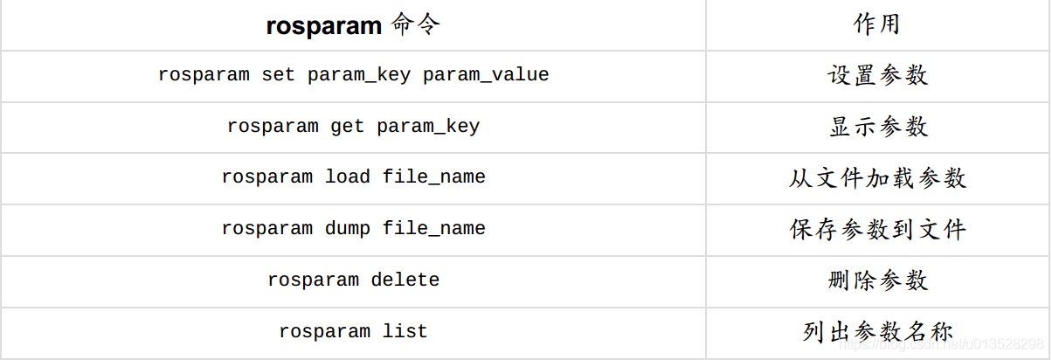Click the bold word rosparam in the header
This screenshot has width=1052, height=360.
pyautogui.click(x=323, y=26)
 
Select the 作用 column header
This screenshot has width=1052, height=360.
pyautogui.click(x=876, y=24)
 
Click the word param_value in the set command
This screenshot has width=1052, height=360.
pyautogui.click(x=486, y=75)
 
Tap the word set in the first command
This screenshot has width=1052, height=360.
pyautogui.click(x=279, y=75)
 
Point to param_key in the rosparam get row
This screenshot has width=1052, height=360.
pyautogui.click(x=428, y=127)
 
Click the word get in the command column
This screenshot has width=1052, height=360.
pyautogui.click(x=348, y=127)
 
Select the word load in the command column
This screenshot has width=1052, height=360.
pyautogui.click(x=348, y=177)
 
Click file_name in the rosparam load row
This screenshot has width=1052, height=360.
pyautogui.click(x=433, y=177)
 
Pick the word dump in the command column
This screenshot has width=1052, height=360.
pyautogui.click(x=348, y=229)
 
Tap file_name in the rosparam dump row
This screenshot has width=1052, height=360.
pyautogui.click(x=433, y=229)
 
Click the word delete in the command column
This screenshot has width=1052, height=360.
pyautogui.click(x=405, y=280)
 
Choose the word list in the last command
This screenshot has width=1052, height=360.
pyautogui.click(x=405, y=332)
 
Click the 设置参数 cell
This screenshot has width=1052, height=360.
pyautogui.click(x=877, y=75)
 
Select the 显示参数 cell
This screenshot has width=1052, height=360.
pyautogui.click(x=877, y=127)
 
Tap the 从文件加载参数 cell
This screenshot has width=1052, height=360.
pyautogui.click(x=877, y=178)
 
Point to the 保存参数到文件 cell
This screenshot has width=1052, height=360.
pyautogui.click(x=877, y=230)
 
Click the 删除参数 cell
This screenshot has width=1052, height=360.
pyautogui.click(x=877, y=280)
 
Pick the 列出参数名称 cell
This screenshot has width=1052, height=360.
pyautogui.click(x=877, y=332)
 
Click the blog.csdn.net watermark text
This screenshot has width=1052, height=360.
pyautogui.click(x=939, y=345)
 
